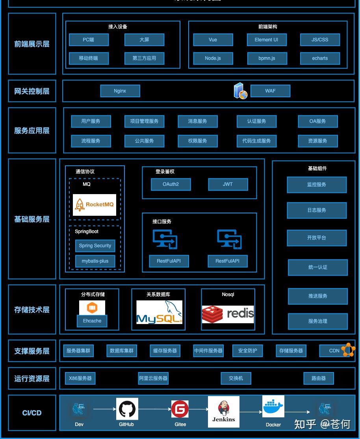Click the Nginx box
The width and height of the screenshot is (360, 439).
click(120, 91)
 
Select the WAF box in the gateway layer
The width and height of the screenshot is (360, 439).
click(270, 91)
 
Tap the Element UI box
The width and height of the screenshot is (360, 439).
click(267, 40)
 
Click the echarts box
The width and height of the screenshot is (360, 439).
click(320, 58)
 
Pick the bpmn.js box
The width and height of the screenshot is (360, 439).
click(267, 58)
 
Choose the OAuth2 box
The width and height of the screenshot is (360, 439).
click(171, 184)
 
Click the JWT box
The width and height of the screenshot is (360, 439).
click(228, 184)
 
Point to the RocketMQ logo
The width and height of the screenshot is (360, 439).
click(95, 205)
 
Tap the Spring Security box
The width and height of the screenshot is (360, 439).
click(95, 246)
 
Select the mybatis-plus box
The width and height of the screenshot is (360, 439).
click(95, 261)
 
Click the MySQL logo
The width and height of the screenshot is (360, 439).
click(160, 312)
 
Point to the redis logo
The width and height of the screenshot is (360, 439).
click(228, 314)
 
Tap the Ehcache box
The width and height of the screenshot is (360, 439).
click(92, 321)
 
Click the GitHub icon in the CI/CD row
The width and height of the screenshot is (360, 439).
click(127, 409)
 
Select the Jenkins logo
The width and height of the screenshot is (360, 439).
click(224, 411)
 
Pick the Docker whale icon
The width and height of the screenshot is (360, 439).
click(273, 407)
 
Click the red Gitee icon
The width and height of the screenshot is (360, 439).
click(180, 409)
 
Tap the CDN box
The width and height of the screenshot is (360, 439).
click(334, 351)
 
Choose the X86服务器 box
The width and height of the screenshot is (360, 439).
click(80, 378)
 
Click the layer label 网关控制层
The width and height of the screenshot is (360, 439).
click(32, 91)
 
